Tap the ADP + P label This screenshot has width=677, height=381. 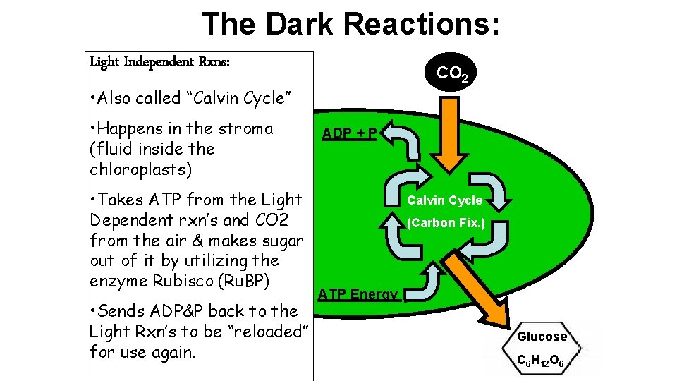tap(350, 133)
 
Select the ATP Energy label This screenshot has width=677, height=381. tap(358, 294)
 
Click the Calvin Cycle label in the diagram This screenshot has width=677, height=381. tap(444, 200)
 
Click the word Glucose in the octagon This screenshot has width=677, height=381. tap(542, 337)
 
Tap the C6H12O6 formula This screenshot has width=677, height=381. tap(542, 362)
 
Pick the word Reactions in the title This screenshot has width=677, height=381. tap(422, 23)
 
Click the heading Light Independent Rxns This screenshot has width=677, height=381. tap(159, 62)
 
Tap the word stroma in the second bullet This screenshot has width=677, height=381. tap(245, 128)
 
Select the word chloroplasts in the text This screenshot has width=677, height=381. tap(141, 169)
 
